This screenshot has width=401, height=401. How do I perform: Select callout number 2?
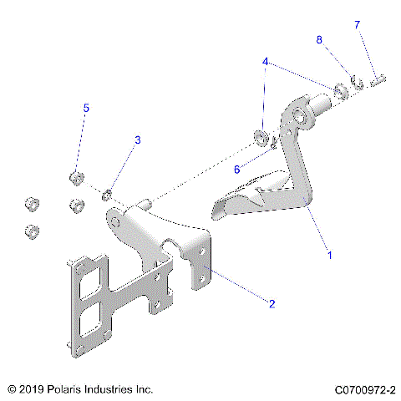tap(272, 304)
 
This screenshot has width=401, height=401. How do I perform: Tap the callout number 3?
tap(138, 140)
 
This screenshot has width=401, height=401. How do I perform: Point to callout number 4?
tap(265, 62)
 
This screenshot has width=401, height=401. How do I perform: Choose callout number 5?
tap(85, 108)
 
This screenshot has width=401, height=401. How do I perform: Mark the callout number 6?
tap(237, 169)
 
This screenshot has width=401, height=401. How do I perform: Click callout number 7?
tap(357, 25)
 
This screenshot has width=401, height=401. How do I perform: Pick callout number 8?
tap(319, 40)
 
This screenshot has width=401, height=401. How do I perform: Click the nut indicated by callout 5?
tap(74, 177)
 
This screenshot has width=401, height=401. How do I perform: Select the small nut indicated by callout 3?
tap(107, 195)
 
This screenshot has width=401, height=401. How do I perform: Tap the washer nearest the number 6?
tap(261, 138)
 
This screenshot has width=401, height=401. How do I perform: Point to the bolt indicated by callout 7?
tap(378, 79)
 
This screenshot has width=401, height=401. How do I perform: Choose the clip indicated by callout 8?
tap(356, 83)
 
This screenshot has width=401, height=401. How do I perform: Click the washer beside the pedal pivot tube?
tap(342, 89)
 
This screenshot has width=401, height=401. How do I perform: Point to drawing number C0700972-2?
tap(364, 389)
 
